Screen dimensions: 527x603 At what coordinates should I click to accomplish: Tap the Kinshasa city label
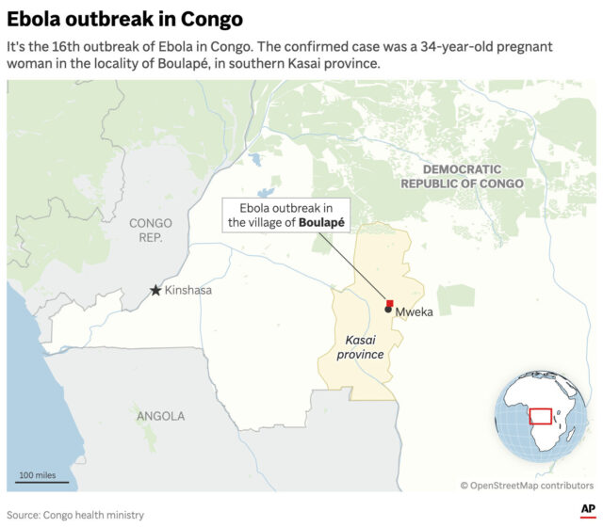(188, 291)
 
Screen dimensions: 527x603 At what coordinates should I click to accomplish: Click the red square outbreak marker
(390, 301)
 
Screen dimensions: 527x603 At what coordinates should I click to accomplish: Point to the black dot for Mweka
(388, 309)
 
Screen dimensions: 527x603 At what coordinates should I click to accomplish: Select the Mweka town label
(415, 311)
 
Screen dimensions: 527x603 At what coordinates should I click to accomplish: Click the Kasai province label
(360, 346)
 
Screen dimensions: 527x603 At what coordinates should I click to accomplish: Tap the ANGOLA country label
(160, 416)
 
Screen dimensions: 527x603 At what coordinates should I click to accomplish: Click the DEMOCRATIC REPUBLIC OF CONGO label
(462, 176)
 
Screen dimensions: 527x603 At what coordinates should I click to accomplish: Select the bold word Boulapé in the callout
(321, 223)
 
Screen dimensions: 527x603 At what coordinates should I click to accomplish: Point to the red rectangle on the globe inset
(540, 416)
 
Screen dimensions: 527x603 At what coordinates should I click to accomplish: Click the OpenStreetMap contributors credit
(527, 486)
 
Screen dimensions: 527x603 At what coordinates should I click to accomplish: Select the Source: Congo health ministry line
(75, 515)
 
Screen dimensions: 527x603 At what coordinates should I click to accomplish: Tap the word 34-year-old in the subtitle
(457, 46)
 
